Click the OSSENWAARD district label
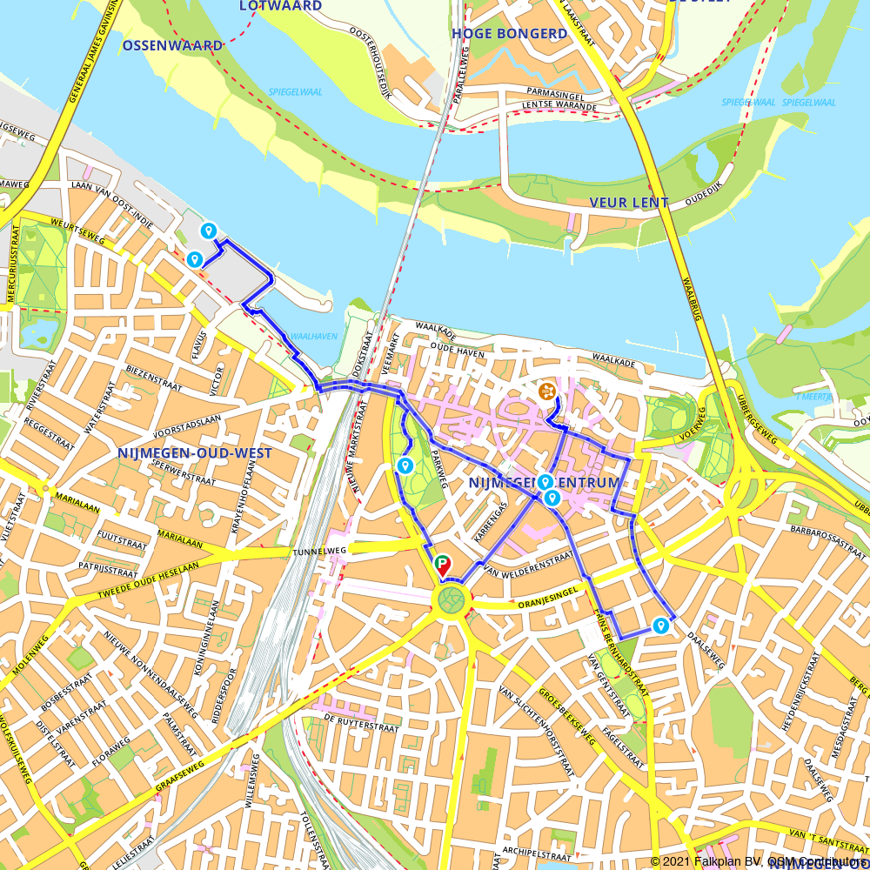(x=173, y=45)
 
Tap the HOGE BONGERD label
(x=509, y=34)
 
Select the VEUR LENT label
(x=628, y=203)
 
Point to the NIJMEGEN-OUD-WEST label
(x=194, y=453)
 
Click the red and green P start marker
(x=443, y=565)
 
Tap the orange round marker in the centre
(x=546, y=391)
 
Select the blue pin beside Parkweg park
(x=405, y=466)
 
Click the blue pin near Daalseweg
(x=660, y=625)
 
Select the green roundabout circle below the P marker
(x=452, y=599)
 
